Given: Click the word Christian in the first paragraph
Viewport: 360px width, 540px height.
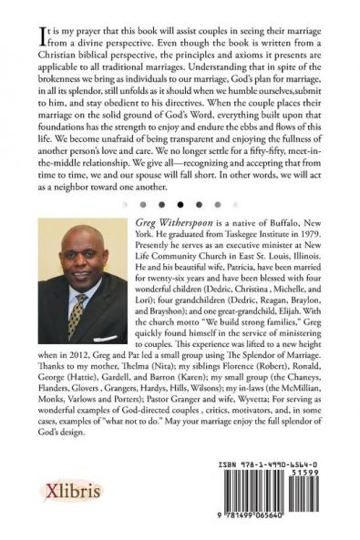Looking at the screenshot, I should click(61, 61).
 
